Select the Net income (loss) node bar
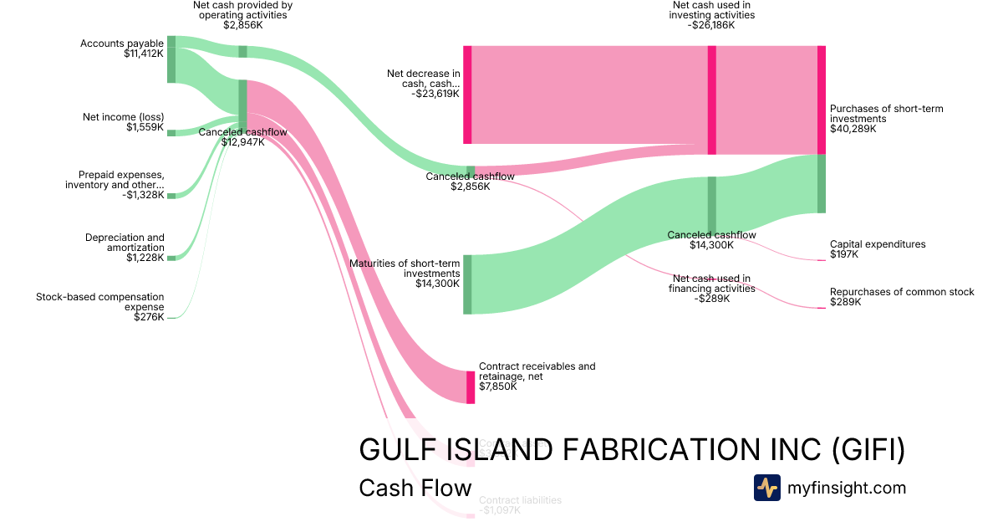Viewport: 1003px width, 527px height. click(171, 132)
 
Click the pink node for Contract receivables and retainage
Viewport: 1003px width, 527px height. click(471, 386)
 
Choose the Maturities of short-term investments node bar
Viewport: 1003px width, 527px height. click(467, 284)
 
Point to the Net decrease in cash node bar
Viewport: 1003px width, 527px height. click(467, 95)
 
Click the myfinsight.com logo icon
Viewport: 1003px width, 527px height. click(766, 488)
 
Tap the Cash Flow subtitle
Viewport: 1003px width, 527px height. click(415, 488)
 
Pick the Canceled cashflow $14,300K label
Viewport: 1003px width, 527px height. click(711, 240)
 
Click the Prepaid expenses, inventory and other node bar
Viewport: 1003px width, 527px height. click(171, 196)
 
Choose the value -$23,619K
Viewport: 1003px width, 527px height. click(435, 95)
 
